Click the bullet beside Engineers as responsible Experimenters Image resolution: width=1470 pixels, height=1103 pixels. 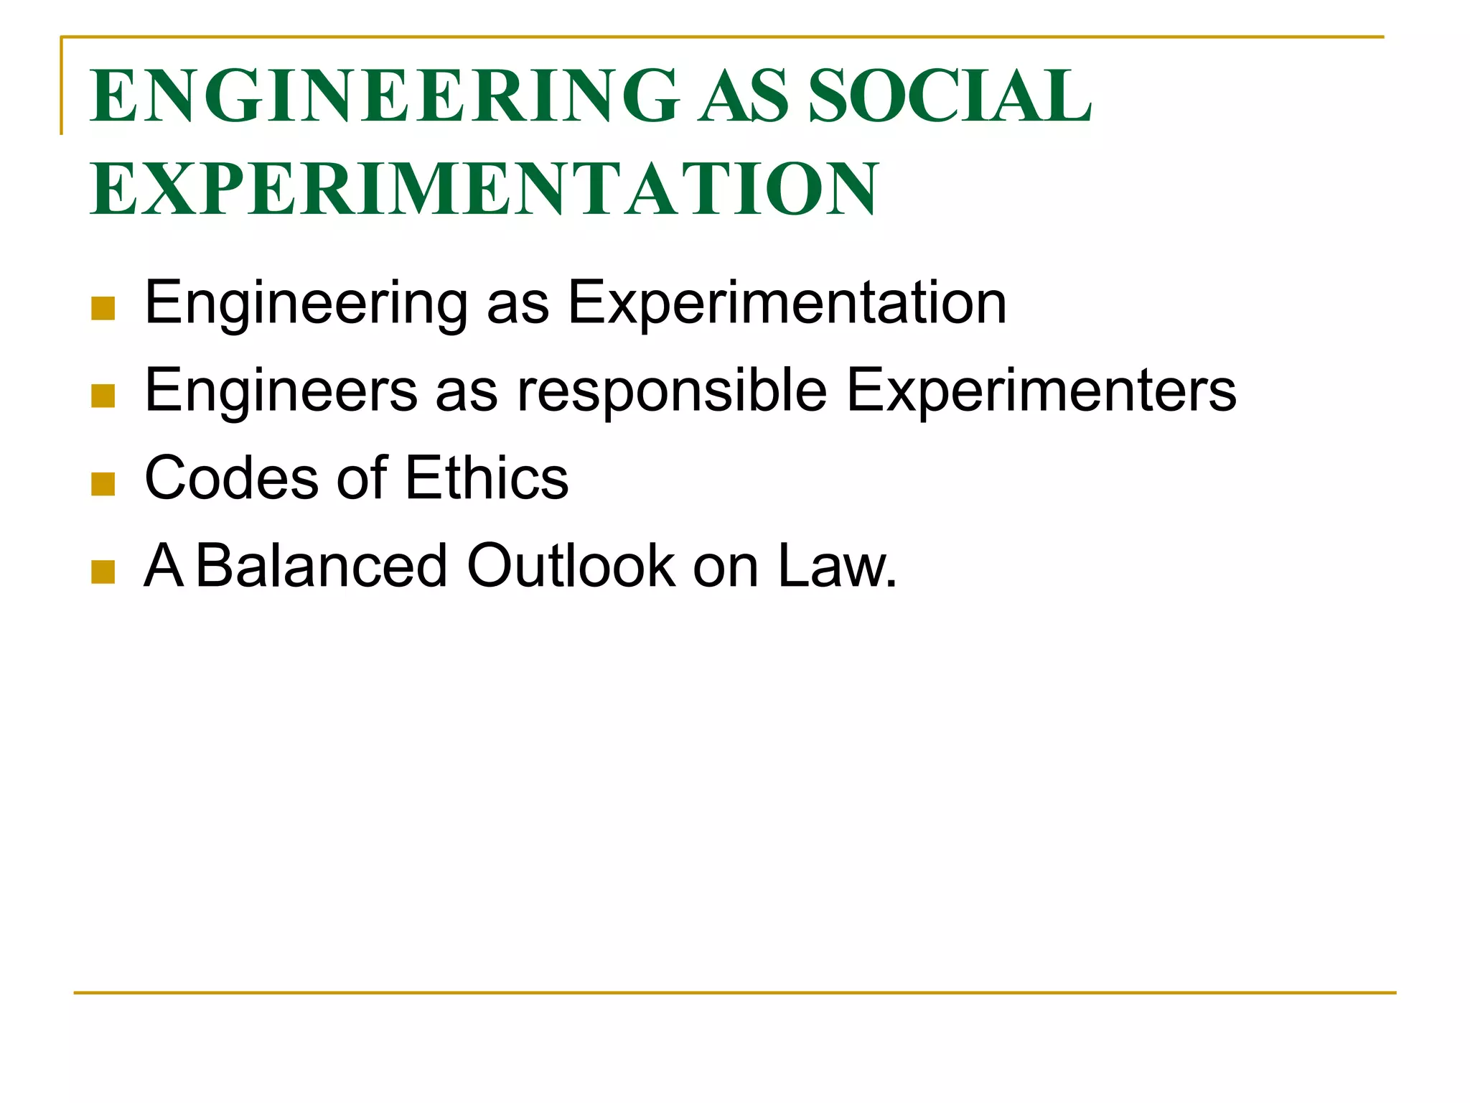pos(103,396)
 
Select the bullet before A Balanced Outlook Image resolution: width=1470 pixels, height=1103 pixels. pos(103,572)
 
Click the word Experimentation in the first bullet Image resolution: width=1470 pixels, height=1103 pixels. pos(787,304)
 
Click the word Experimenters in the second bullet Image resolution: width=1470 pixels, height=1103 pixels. pos(1041,391)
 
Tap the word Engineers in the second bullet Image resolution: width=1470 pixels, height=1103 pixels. pos(281,391)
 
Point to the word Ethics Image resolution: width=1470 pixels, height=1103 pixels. pos(487,479)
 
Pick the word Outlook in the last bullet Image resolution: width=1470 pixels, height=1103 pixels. pos(571,567)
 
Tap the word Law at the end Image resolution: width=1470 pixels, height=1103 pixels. pos(833,567)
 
